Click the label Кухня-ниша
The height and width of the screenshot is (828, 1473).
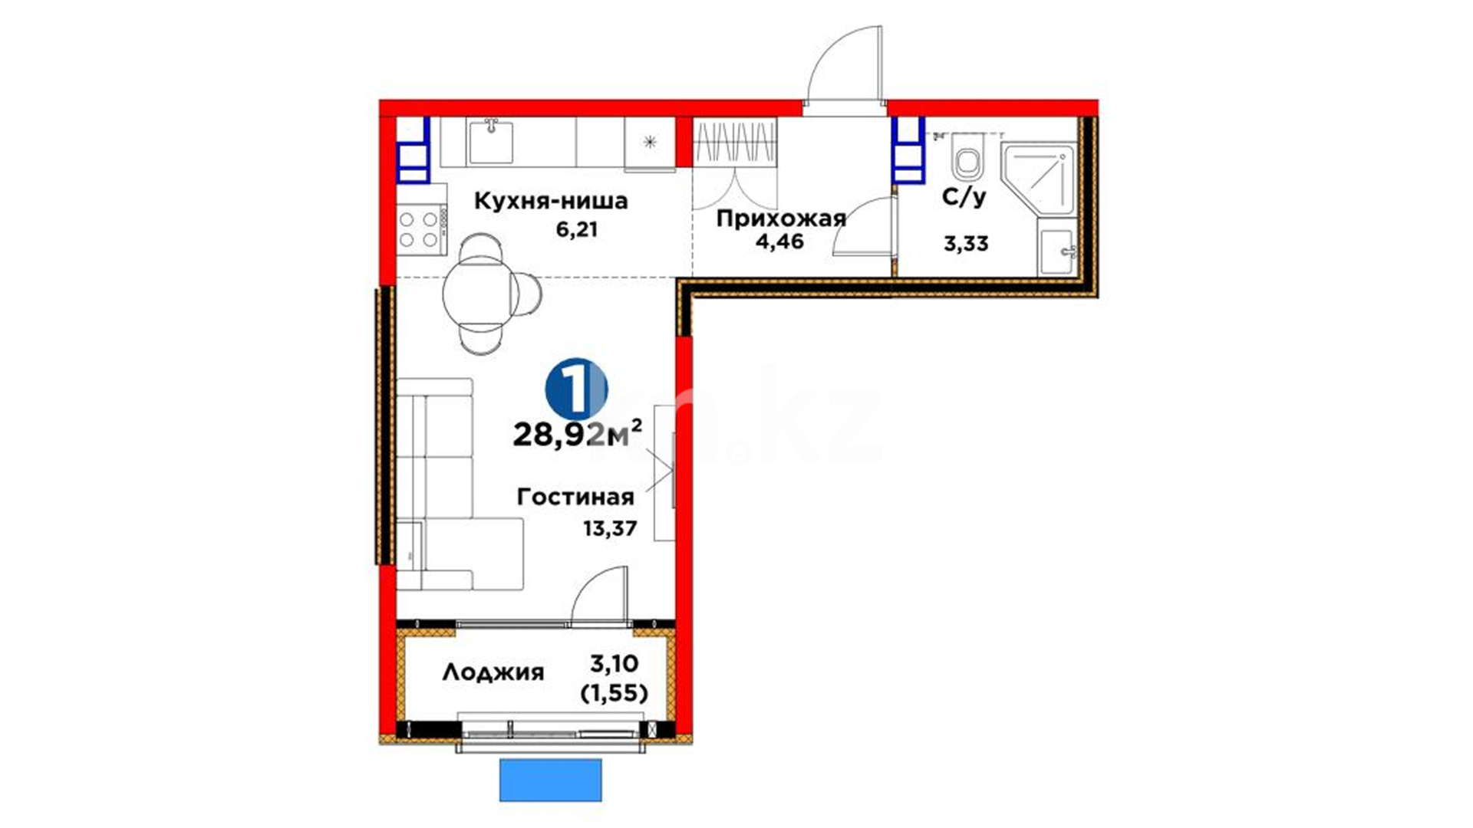pyautogui.click(x=551, y=201)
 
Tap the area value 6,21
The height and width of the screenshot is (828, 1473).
pyautogui.click(x=577, y=229)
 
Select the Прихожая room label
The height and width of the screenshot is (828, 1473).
pyautogui.click(x=781, y=219)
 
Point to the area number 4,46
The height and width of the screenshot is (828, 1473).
pyautogui.click(x=779, y=242)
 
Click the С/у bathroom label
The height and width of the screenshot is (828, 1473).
pyautogui.click(x=964, y=197)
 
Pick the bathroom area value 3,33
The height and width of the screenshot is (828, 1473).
pyautogui.click(x=966, y=245)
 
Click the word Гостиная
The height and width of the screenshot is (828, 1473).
pyautogui.click(x=575, y=497)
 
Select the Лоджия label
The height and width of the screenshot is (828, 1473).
pyautogui.click(x=493, y=673)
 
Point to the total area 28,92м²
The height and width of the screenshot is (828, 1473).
pyautogui.click(x=578, y=435)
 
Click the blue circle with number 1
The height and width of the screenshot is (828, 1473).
pyautogui.click(x=576, y=389)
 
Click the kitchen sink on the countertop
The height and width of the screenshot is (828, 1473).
pyautogui.click(x=491, y=141)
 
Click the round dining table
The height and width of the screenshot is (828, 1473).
pyautogui.click(x=476, y=293)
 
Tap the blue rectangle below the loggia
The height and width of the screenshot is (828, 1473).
pyautogui.click(x=551, y=780)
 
